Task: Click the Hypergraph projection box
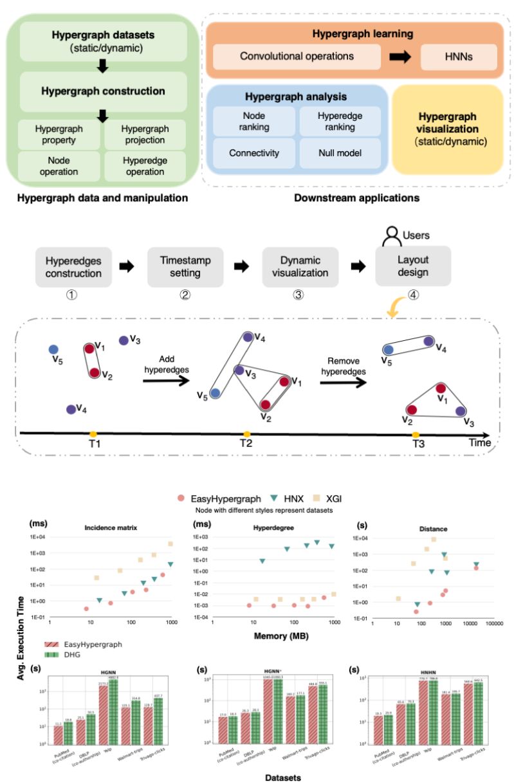145,134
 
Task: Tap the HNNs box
458,57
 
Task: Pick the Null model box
340,154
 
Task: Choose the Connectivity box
253,154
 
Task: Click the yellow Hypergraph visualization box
447,129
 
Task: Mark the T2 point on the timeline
246,434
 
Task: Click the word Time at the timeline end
480,442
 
